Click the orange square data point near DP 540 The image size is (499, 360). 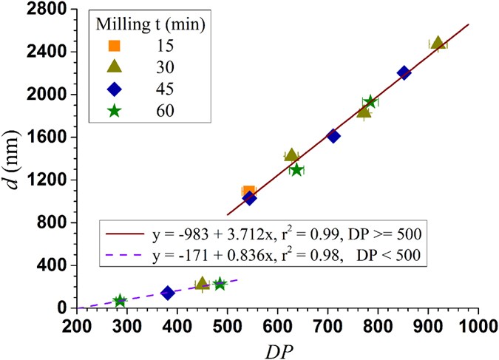[248, 192]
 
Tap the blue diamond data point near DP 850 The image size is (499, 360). [404, 72]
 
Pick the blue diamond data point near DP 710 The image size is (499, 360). [333, 136]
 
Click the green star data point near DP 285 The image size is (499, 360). [120, 301]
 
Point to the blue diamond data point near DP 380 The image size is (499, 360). [168, 293]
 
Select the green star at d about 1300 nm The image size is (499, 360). [296, 170]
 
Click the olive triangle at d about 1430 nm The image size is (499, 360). [291, 155]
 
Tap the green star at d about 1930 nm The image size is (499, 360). [370, 102]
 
